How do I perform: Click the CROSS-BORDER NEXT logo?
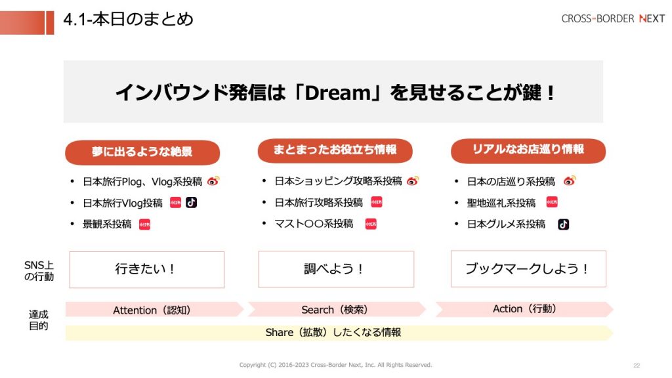[613, 19]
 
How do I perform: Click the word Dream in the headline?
[338, 93]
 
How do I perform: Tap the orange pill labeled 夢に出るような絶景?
[142, 152]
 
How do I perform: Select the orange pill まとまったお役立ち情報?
[335, 150]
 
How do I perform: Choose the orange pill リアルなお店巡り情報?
[528, 150]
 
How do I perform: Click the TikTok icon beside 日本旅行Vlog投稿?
[191, 202]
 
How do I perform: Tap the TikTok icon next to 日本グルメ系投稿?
[563, 224]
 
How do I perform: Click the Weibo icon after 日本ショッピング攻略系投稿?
[413, 181]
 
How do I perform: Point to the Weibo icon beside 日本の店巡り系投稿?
[570, 181]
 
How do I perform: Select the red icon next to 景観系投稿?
[144, 224]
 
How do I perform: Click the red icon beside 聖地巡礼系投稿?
[552, 202]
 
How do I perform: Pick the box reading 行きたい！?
[147, 270]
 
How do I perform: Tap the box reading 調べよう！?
[336, 269]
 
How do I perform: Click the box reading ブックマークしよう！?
[528, 268]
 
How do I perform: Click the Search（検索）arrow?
[337, 310]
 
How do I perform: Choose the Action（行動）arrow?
[524, 309]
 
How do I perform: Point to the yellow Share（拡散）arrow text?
[333, 333]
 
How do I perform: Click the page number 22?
[637, 366]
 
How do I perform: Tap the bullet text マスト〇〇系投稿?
[314, 224]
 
